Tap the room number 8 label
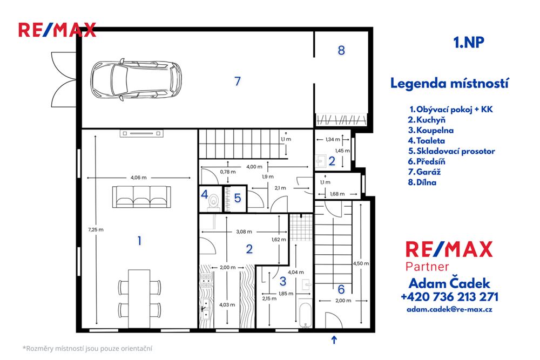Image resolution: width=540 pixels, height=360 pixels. [x=341, y=50]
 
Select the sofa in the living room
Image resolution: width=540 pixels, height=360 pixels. [x=141, y=196]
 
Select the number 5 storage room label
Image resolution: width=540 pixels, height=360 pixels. [x=237, y=198]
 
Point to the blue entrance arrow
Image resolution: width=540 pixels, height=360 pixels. [x=334, y=339]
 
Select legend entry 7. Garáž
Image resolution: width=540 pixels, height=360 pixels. [x=426, y=172]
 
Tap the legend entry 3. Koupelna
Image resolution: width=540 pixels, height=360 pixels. [x=431, y=130]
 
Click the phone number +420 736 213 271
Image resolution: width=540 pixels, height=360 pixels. [x=449, y=296]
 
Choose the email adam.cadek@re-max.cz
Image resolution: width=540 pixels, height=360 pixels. [x=449, y=309]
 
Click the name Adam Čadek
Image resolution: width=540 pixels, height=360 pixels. [x=449, y=283]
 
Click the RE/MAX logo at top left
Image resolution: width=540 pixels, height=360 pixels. [x=57, y=29]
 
